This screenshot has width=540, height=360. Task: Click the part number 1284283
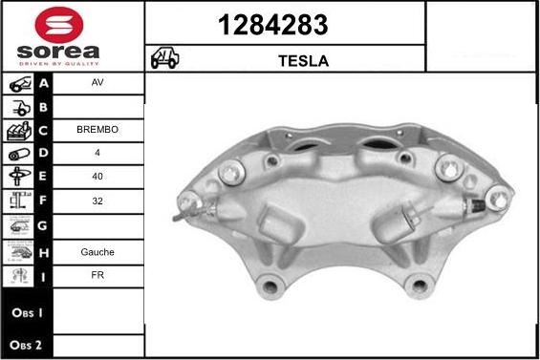(x=284, y=23)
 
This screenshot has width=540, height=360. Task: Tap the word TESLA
(x=303, y=60)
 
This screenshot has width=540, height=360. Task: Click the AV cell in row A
(x=97, y=83)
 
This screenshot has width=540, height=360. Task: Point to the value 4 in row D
(x=97, y=153)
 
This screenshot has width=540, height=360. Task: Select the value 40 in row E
(x=97, y=177)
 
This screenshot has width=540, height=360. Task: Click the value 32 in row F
(x=97, y=201)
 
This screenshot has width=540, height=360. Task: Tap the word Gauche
(x=97, y=252)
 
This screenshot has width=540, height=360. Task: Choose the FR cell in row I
(x=97, y=276)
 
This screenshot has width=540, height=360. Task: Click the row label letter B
(x=43, y=106)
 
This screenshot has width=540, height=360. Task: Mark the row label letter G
(x=43, y=227)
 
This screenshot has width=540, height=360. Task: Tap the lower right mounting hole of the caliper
(x=419, y=284)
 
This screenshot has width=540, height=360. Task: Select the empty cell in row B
(x=97, y=106)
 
